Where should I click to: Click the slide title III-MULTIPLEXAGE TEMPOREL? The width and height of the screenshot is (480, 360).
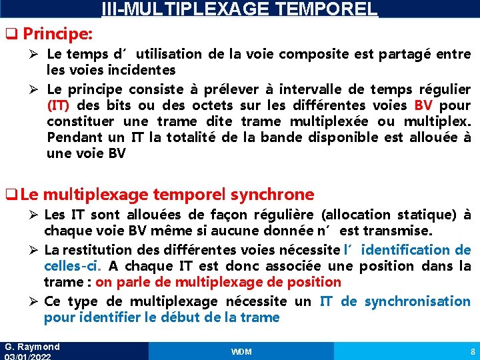pos(239,9)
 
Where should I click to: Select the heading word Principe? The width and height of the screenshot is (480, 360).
pos(63,33)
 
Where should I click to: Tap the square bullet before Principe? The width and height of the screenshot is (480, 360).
pos(9,33)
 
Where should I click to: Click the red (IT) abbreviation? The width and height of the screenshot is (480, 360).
pos(61,105)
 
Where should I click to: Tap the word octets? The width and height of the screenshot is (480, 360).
pos(211,105)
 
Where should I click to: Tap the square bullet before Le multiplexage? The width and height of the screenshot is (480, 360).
pos(9,195)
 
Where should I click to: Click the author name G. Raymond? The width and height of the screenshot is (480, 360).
pos(32,347)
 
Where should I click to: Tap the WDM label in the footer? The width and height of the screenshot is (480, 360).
pos(241,351)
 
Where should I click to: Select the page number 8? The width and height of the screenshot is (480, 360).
pos(473,351)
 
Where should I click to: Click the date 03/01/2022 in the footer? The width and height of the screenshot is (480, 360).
pos(28,357)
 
